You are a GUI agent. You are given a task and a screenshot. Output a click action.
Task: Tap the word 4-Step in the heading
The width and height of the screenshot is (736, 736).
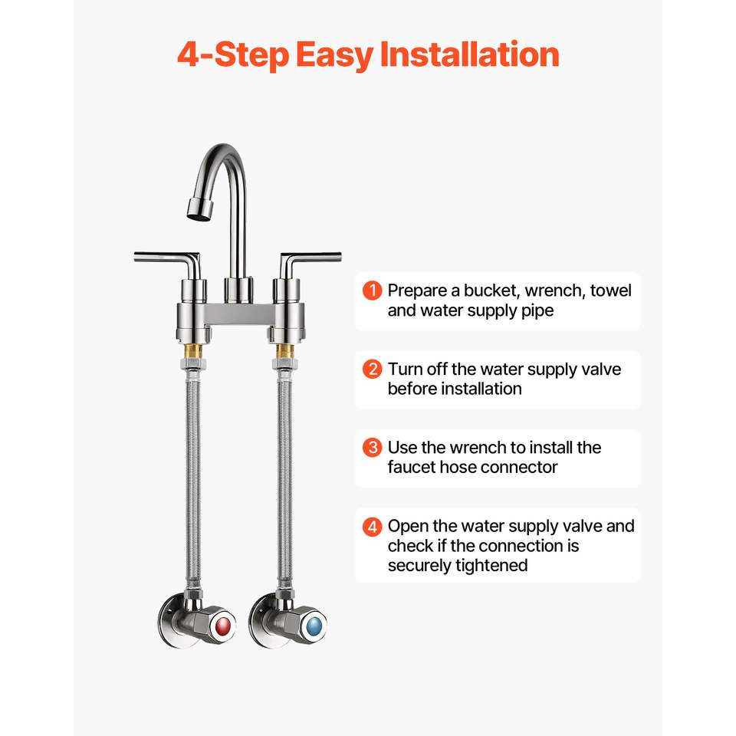coord(233,55)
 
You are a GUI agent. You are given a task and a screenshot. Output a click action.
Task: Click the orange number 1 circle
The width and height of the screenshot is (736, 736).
coord(373,291)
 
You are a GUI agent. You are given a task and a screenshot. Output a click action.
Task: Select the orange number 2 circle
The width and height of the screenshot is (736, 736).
coord(373,369)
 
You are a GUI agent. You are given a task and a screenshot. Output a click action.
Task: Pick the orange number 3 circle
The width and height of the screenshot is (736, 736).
coord(373,447)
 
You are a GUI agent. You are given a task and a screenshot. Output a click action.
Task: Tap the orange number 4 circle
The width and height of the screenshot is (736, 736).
coord(373,526)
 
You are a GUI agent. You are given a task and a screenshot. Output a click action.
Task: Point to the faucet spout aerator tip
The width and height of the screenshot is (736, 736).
coord(200,209)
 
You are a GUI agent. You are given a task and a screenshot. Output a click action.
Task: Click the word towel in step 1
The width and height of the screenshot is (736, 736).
coord(611,291)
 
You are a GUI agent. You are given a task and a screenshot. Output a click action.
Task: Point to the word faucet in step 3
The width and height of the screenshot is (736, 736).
coord(411,467)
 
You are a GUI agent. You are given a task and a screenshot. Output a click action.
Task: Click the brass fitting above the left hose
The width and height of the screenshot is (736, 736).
coord(192,351)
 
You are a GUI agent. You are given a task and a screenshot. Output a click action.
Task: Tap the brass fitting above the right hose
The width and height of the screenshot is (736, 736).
coord(284,351)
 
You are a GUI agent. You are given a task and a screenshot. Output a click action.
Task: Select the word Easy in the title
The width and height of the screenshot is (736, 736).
coord(335,56)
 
